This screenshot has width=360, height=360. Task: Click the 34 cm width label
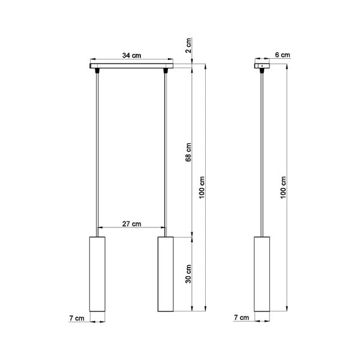point(131,55)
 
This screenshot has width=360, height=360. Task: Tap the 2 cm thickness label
point(188,44)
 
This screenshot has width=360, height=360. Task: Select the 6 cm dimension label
point(282,55)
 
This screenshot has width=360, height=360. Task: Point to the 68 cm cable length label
point(188,152)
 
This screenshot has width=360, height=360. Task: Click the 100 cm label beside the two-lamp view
point(203,188)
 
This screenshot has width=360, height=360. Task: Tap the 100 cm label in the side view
point(284,188)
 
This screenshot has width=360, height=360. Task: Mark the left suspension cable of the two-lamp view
point(97,150)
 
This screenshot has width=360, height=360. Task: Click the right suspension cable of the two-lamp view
point(165,150)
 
